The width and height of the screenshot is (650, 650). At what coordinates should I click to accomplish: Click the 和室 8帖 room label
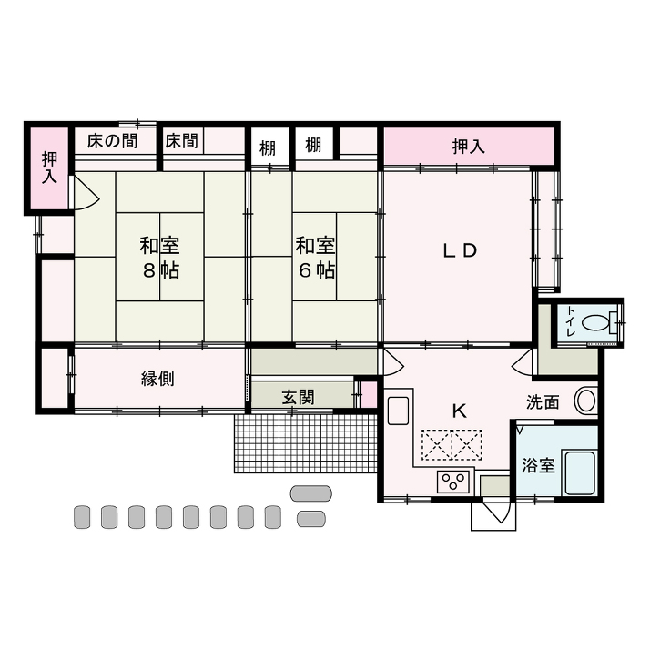(159, 258)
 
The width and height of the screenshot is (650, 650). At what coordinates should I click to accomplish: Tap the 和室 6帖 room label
(316, 258)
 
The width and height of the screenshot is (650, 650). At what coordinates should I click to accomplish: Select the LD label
(460, 250)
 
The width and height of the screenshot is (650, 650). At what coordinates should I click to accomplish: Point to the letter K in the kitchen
(460, 411)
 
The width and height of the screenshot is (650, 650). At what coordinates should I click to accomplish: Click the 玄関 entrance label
(298, 397)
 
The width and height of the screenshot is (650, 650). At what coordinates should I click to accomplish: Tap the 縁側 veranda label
(157, 379)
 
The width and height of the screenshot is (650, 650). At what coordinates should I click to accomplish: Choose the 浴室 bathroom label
(538, 465)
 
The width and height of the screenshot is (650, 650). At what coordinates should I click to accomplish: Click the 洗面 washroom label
(543, 402)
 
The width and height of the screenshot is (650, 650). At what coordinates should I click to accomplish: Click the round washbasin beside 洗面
(585, 401)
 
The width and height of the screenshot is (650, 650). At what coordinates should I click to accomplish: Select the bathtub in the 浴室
(580, 472)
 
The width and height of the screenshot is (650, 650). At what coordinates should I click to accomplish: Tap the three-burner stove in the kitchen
(452, 482)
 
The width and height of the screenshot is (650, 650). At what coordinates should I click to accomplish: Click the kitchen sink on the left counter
(398, 411)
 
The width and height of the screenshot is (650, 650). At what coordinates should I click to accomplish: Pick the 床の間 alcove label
(112, 141)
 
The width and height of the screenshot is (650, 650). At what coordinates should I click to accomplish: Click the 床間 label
(181, 141)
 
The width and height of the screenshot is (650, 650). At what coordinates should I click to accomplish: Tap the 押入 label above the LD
(469, 147)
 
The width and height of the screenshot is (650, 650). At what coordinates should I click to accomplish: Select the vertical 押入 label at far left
(49, 168)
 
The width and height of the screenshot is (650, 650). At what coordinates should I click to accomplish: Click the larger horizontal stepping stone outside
(311, 493)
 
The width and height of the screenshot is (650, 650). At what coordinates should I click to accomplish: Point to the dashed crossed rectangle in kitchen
(452, 445)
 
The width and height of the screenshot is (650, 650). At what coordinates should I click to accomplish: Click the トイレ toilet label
(571, 321)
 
